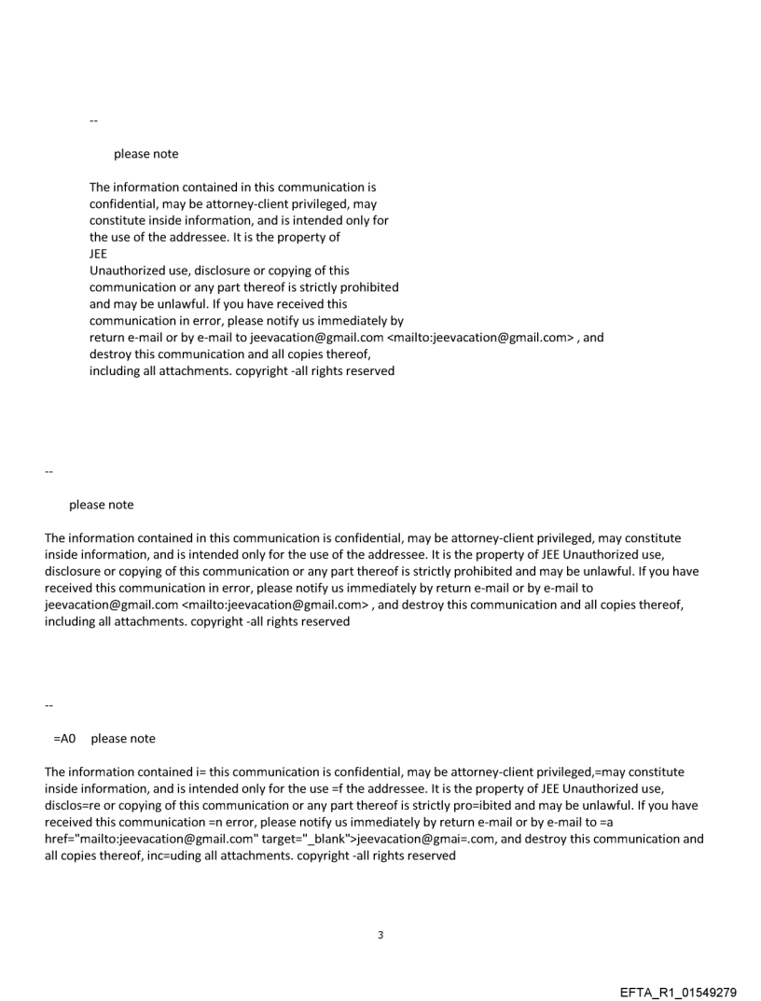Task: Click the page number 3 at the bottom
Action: [x=380, y=934]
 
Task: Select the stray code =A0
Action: [x=64, y=738]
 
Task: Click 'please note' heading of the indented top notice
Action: [x=146, y=153]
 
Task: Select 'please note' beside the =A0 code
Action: [x=123, y=738]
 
